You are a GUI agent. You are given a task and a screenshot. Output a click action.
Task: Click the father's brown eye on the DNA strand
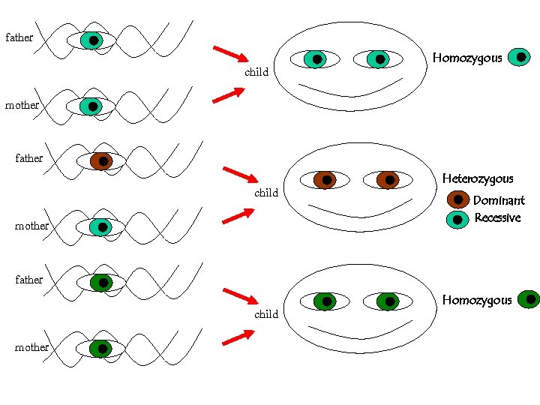101,161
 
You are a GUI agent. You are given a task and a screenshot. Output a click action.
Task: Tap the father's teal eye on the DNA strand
91,40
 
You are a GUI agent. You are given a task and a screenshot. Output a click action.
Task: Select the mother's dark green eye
100,349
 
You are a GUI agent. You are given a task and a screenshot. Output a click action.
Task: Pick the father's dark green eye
101,283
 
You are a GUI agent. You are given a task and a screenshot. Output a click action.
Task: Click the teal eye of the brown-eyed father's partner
100,226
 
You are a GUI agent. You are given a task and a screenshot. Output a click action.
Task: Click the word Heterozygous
478,178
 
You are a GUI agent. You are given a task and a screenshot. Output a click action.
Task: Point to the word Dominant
499,200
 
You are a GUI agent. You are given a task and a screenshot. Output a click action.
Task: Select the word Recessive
497,218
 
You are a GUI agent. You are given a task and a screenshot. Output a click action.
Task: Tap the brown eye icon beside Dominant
457,200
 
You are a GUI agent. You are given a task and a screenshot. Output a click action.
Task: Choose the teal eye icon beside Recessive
457,220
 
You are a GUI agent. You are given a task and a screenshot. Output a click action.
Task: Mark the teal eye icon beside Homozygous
520,57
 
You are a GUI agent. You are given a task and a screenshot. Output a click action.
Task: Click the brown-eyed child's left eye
325,180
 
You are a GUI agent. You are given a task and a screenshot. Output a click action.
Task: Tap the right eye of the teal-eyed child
379,59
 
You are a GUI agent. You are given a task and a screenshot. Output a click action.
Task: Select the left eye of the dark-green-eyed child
325,301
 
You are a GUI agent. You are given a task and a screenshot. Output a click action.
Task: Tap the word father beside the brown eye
29,158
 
